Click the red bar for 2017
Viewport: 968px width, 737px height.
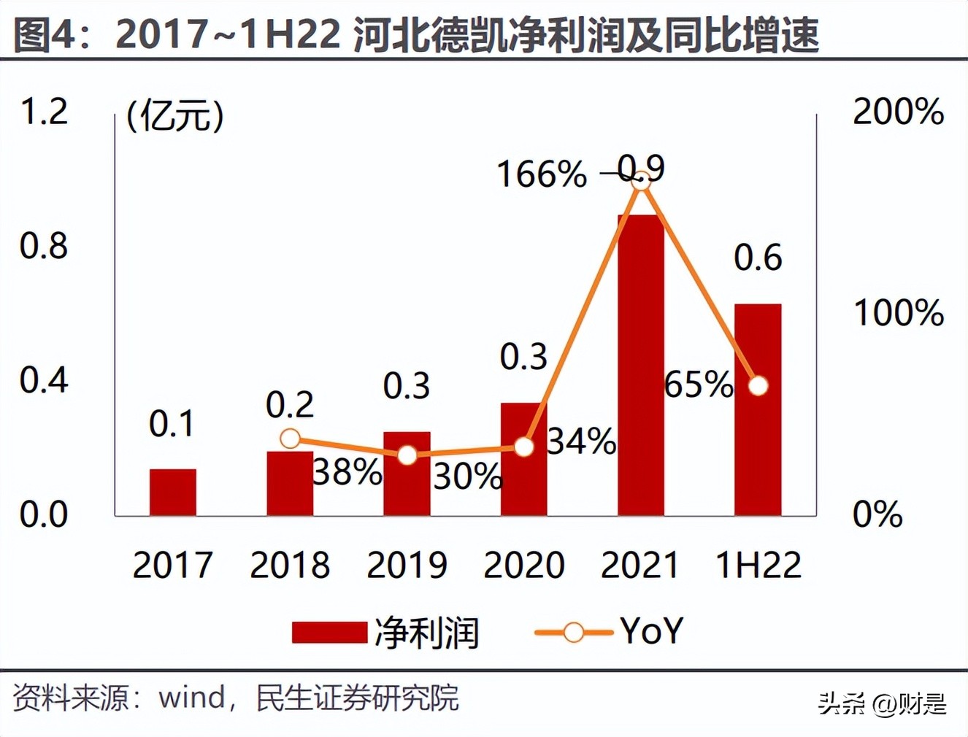point(173,493)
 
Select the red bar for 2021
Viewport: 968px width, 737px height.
point(641,365)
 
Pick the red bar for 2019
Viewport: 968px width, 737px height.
point(407,474)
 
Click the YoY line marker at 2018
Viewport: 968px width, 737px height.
point(290,439)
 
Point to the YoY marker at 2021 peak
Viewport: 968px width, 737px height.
point(640,180)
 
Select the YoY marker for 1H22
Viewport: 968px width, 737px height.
point(758,385)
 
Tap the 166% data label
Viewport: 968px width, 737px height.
point(541,174)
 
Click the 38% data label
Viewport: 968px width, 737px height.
point(347,473)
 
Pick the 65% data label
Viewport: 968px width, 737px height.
point(698,385)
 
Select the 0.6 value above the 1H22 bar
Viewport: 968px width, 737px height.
point(758,258)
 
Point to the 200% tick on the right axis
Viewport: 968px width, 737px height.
point(898,112)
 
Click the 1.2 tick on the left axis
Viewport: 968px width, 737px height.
point(44,112)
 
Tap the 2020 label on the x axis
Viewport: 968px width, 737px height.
point(524,566)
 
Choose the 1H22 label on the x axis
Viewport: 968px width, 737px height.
point(758,566)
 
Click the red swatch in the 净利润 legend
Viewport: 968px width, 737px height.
point(329,633)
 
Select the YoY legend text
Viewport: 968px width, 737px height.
point(652,631)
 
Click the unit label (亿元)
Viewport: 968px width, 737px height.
point(175,115)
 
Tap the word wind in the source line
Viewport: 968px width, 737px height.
point(192,698)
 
